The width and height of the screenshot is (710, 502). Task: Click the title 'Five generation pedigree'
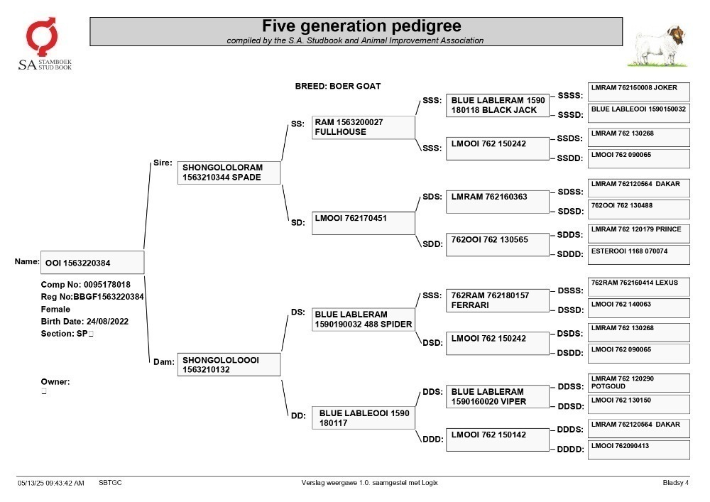click(361, 26)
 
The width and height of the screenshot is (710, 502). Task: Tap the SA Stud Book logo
click(44, 44)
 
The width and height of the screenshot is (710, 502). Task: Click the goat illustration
click(658, 46)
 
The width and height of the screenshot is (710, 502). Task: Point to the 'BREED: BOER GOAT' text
click(338, 86)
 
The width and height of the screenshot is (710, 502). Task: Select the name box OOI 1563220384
click(92, 263)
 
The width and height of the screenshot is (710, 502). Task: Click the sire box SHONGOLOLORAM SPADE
click(229, 173)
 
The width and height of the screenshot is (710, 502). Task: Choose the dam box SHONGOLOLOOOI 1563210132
click(229, 364)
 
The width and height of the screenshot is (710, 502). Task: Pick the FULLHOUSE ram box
click(363, 127)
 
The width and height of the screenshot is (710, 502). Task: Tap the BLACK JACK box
click(498, 106)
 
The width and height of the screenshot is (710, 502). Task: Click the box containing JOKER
click(639, 92)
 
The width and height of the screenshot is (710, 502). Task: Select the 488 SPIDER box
click(363, 320)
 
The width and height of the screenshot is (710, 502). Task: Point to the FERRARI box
click(498, 300)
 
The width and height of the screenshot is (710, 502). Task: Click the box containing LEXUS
click(639, 287)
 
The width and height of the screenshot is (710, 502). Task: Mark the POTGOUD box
click(639, 383)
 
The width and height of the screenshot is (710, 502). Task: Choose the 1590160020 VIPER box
click(498, 396)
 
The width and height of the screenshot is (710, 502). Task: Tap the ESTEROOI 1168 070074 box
click(639, 254)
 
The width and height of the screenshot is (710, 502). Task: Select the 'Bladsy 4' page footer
click(676, 483)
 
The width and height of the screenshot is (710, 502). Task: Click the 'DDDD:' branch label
click(570, 449)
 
